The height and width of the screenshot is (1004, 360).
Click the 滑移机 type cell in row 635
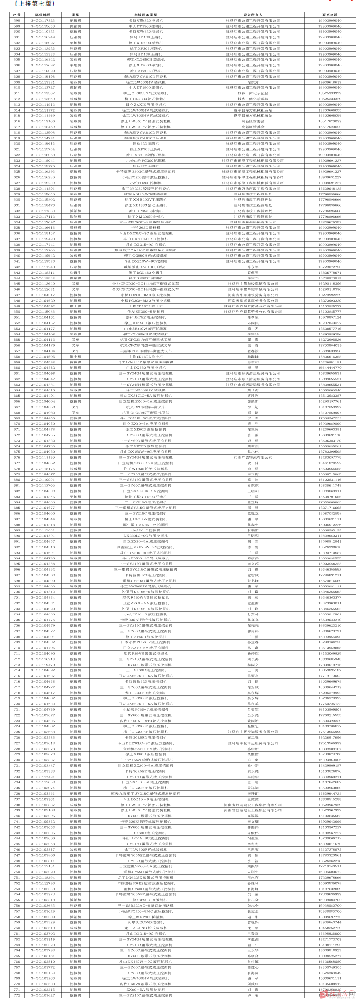[75, 227]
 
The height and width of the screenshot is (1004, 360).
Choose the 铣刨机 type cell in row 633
[75, 216]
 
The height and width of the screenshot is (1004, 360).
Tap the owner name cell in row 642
[252, 267]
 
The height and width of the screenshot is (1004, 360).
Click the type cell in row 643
[75, 272]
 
